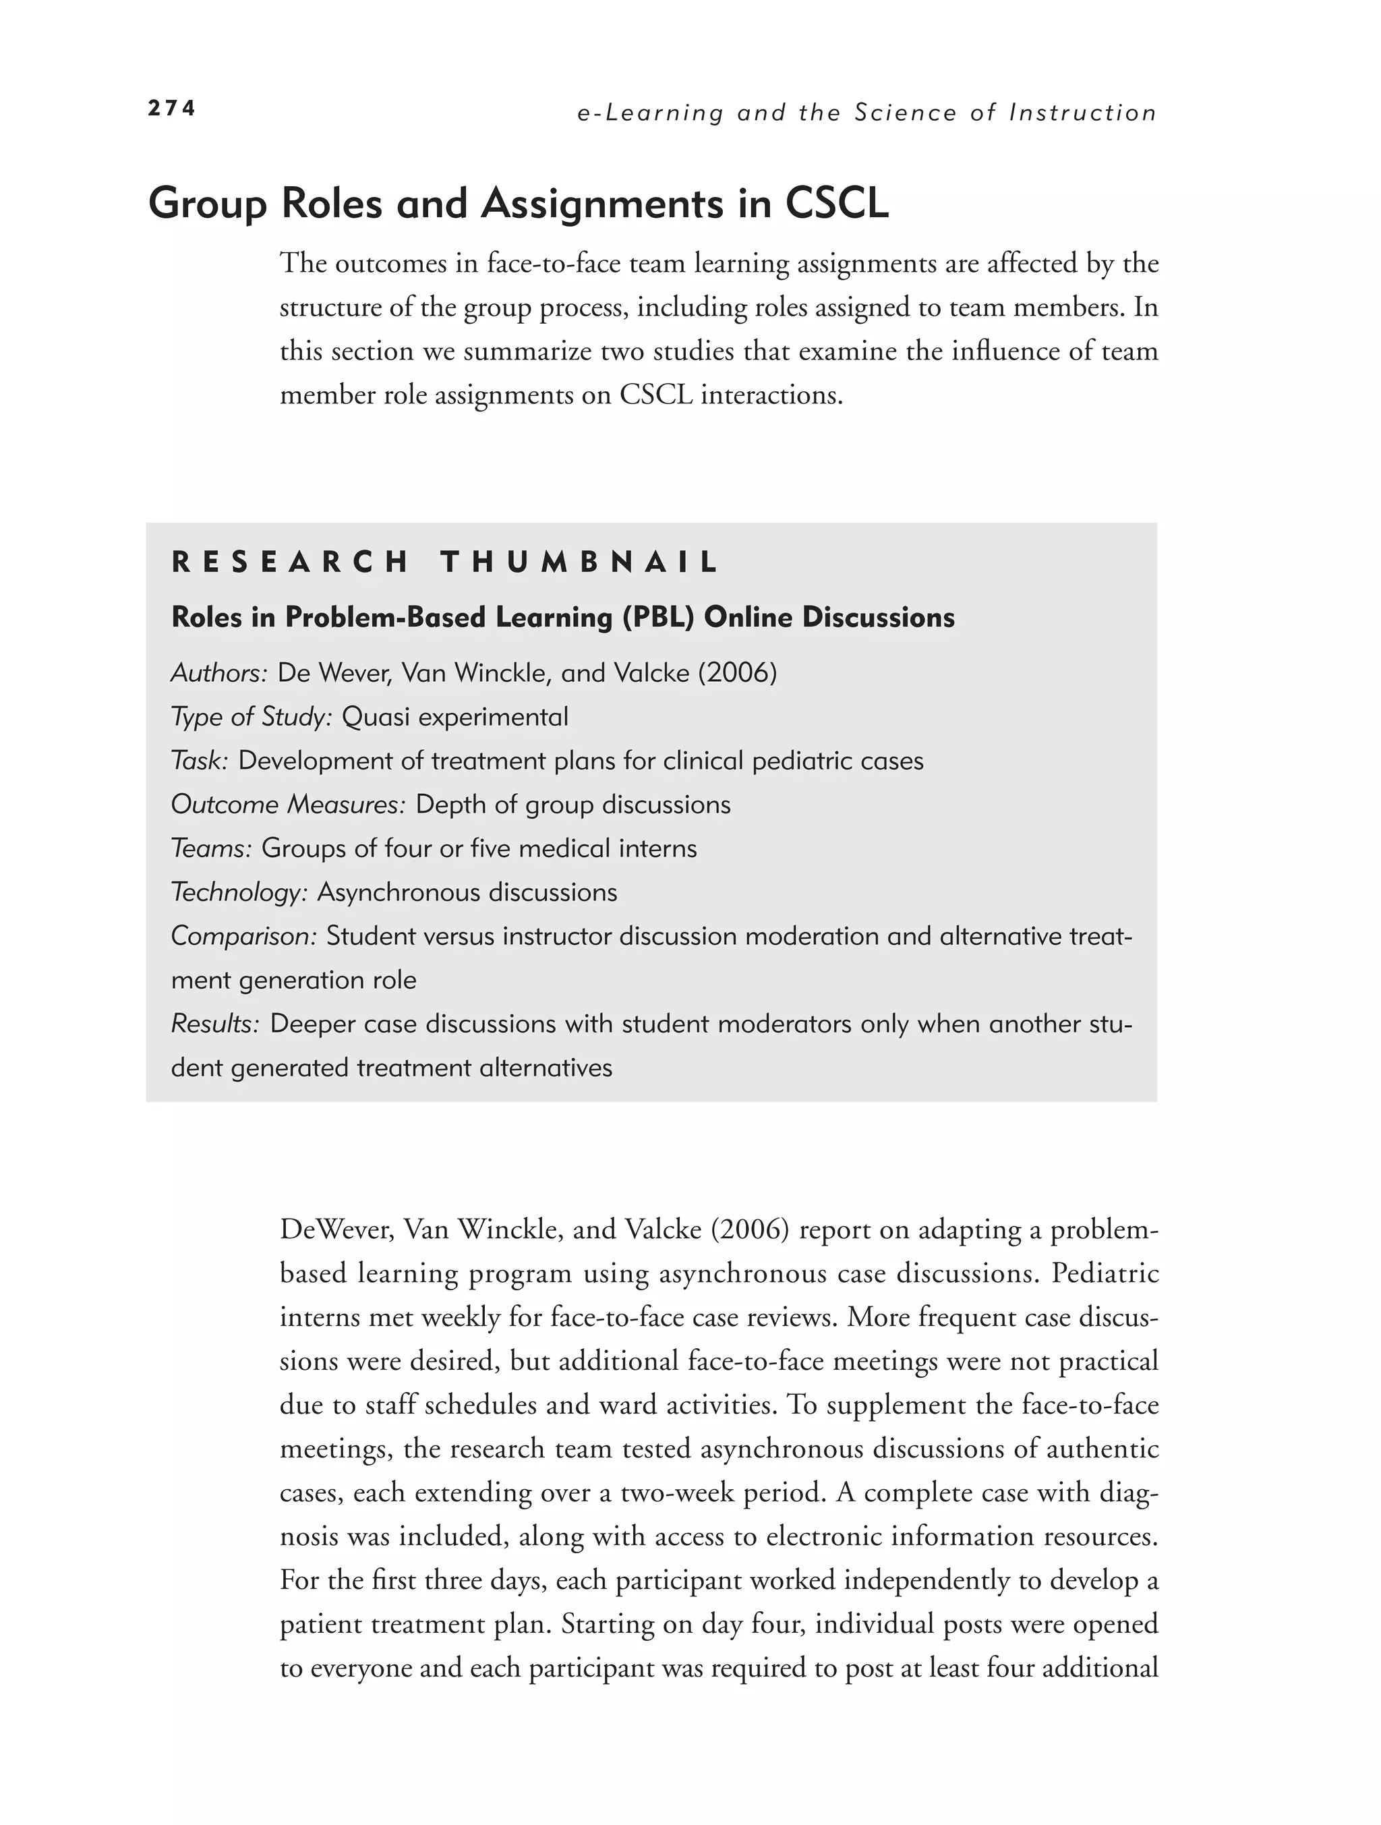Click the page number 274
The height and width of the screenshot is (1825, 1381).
(171, 108)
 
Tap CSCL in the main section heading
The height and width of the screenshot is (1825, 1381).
(837, 203)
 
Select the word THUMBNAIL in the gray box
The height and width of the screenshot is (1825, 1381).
(580, 562)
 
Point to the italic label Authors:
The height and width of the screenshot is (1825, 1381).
(219, 673)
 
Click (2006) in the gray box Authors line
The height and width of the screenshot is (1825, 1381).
(738, 673)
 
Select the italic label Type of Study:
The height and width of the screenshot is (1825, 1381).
(251, 717)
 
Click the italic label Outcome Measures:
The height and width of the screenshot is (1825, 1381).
(288, 805)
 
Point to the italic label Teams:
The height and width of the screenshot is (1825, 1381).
(211, 848)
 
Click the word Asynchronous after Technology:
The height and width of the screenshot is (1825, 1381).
(387, 892)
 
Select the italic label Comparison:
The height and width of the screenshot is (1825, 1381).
(243, 936)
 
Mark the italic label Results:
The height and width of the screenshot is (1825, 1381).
(215, 1024)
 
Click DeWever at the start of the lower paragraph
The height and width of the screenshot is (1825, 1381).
(329, 1230)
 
